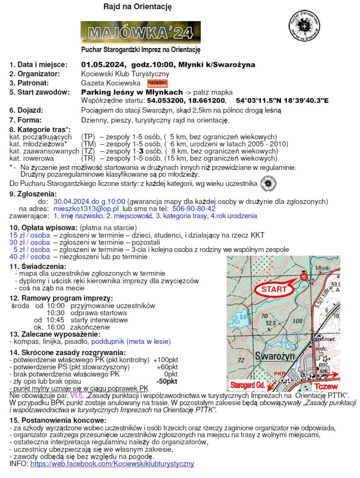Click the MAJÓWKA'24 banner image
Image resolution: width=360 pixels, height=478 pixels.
pos(141,32)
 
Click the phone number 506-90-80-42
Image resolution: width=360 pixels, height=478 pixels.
pos(194,208)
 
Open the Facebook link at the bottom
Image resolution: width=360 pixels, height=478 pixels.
pos(112,464)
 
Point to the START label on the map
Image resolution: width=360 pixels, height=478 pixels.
pos(274,290)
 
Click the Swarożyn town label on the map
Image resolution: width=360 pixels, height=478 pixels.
pos(275,355)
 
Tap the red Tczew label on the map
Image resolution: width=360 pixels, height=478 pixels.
pos(326,386)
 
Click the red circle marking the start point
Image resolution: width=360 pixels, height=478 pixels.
pos(303,276)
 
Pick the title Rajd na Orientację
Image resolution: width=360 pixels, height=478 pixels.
pos(137,7)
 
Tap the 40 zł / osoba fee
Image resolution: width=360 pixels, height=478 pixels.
pos(30,257)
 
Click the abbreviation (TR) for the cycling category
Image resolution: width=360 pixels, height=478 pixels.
pos(88,158)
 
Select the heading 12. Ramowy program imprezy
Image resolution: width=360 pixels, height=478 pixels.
pos(61,298)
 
